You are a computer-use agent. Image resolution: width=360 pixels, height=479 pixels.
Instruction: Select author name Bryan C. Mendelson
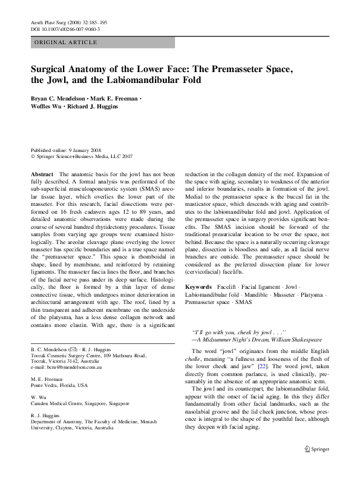[58, 97]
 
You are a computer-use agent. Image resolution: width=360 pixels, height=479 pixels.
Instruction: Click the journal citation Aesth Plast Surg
[48, 22]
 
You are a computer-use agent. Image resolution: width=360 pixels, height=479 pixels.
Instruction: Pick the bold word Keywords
[198, 286]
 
